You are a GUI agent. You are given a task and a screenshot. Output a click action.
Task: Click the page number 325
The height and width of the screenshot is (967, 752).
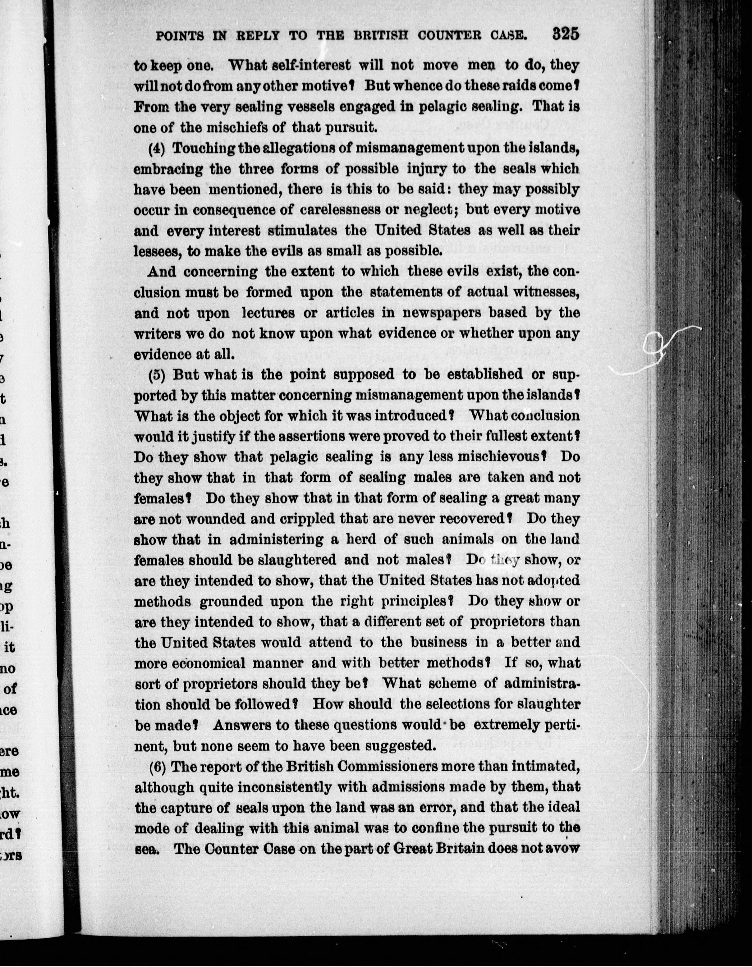pyautogui.click(x=566, y=34)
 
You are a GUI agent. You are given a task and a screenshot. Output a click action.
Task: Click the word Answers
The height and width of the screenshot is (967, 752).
pyautogui.click(x=239, y=725)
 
